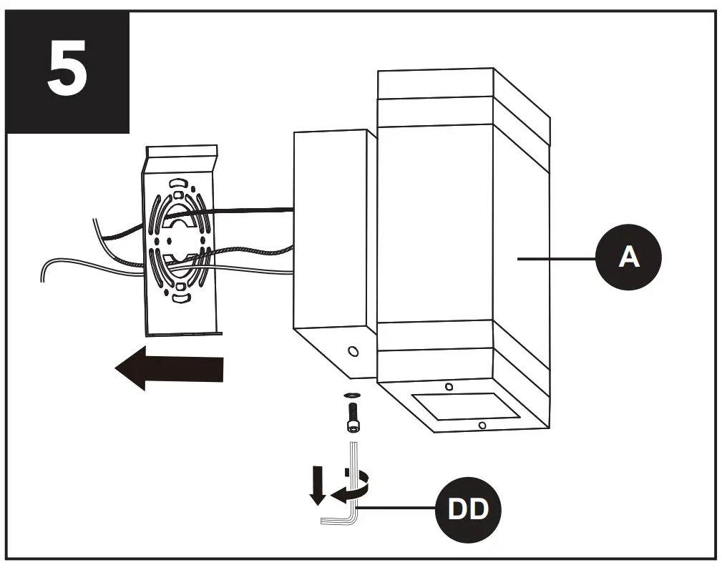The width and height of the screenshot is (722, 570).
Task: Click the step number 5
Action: (x=68, y=72)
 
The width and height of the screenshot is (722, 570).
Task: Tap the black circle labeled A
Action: (x=629, y=257)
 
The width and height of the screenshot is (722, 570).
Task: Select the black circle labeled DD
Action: (x=468, y=509)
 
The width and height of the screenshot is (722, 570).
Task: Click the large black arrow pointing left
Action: (x=170, y=369)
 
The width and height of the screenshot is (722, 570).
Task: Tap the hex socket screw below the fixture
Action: (x=351, y=416)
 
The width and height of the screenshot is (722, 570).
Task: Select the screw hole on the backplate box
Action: (x=352, y=353)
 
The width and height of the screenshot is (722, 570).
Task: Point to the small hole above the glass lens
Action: (x=449, y=387)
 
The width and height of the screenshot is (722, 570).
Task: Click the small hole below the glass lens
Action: (x=482, y=426)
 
